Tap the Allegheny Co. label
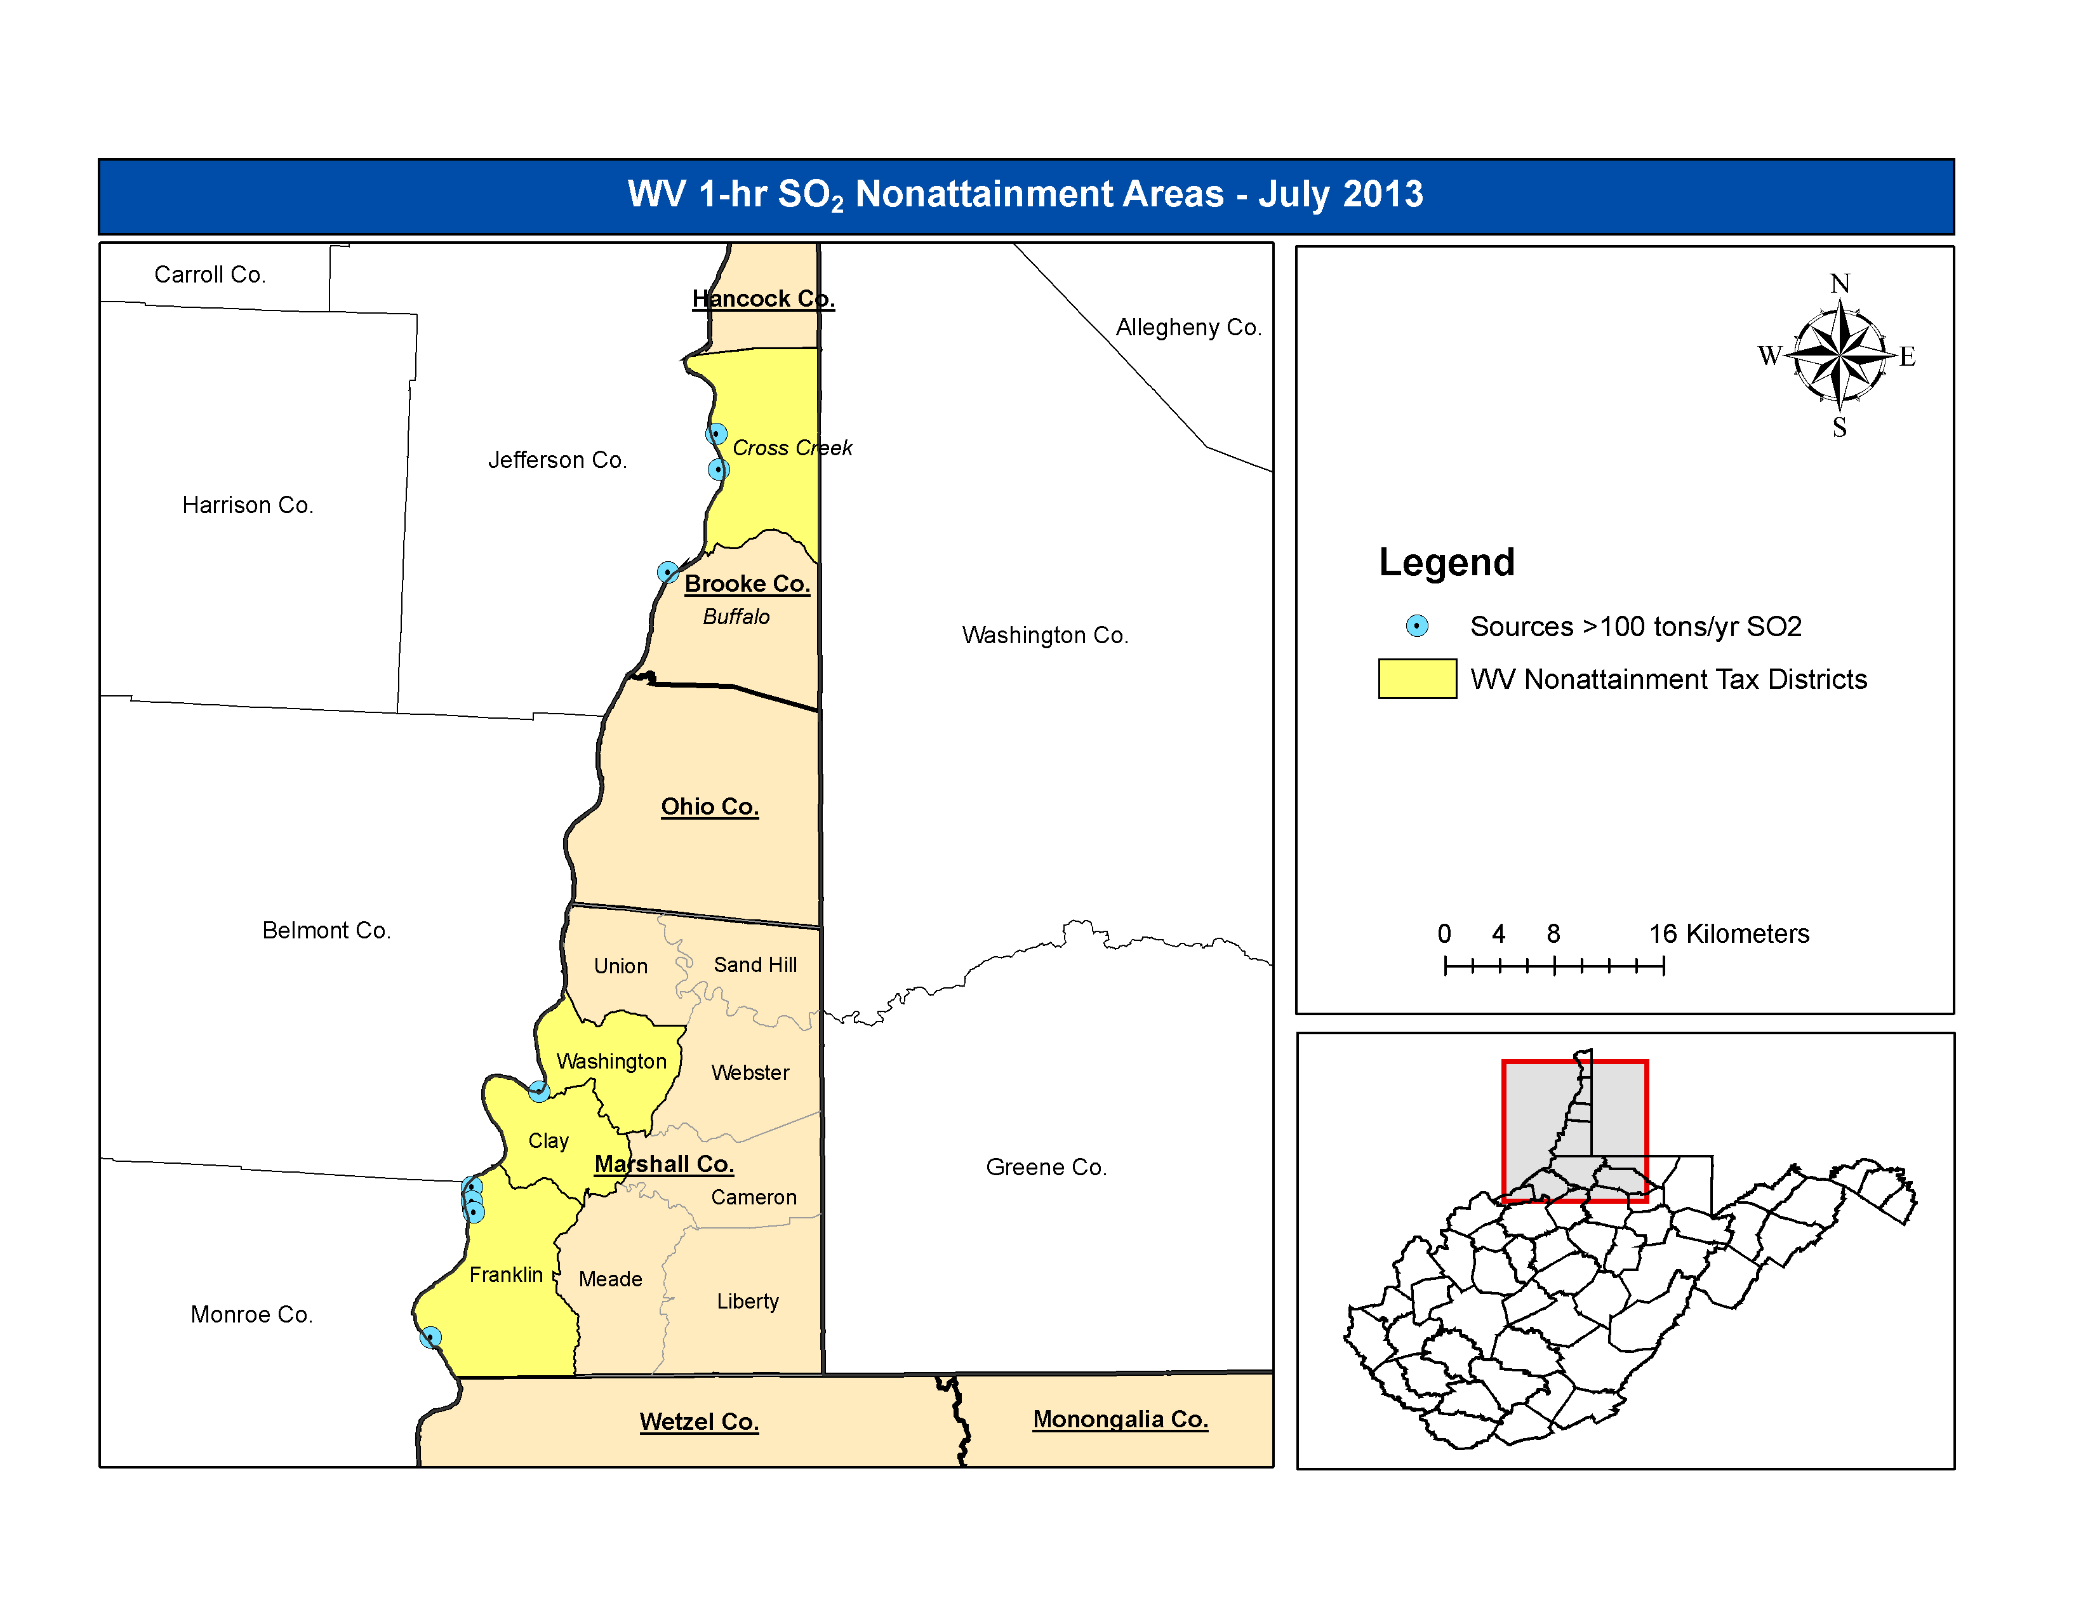(x=1188, y=328)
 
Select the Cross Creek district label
(x=792, y=448)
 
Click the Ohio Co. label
(x=709, y=806)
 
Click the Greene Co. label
(x=1046, y=1167)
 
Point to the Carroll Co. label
(x=209, y=276)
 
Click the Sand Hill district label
(x=755, y=965)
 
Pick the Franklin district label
(x=505, y=1275)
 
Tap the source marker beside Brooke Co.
(x=668, y=573)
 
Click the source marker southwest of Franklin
(x=430, y=1337)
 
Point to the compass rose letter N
(x=1839, y=284)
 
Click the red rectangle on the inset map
(x=1646, y=1132)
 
